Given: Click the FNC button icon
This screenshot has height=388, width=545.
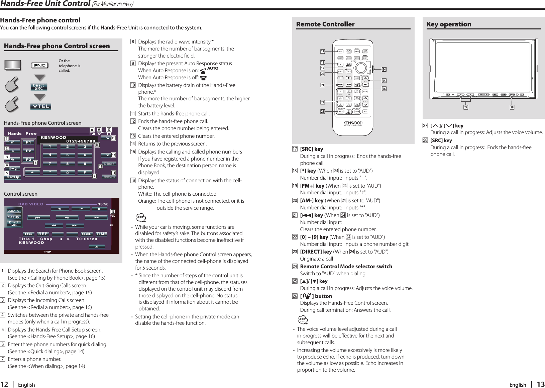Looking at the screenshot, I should tap(40, 66).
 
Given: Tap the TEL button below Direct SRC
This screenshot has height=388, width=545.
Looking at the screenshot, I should tap(41, 106).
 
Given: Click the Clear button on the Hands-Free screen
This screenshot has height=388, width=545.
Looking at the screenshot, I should tap(109, 164).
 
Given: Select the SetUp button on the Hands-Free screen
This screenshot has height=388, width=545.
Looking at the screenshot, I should tap(13, 177).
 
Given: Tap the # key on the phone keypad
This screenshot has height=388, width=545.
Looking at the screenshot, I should tap(85, 173).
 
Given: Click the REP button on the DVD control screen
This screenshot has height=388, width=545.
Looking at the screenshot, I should tap(43, 234).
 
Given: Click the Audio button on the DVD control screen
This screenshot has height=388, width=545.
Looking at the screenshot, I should tap(14, 211).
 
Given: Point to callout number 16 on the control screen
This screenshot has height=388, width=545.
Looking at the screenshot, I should tap(113, 212).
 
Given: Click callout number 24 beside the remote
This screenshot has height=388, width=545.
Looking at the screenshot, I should tap(384, 70).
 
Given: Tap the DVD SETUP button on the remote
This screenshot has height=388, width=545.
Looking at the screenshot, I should tap(348, 65).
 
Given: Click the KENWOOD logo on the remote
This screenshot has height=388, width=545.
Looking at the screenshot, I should tap(353, 123).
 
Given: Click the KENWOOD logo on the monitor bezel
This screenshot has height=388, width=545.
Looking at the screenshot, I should tap(483, 95).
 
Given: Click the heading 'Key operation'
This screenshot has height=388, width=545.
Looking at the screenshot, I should tap(449, 24).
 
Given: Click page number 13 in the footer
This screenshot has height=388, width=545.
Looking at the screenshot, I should tap(541, 384).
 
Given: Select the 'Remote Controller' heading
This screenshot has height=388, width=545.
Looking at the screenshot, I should tap(325, 24).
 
